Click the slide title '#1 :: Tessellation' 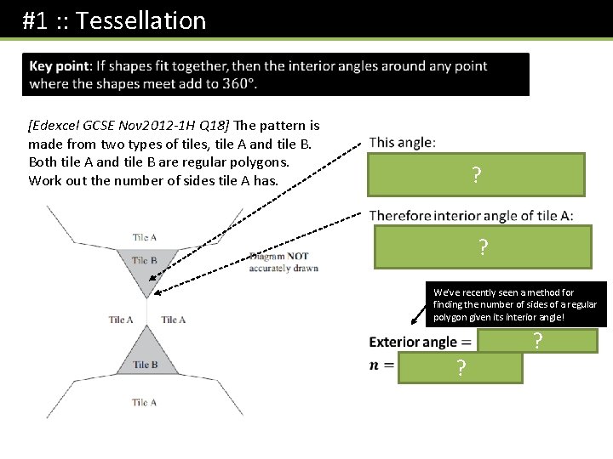pos(114,20)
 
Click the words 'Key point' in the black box pos(62,66)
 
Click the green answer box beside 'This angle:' pos(477,175)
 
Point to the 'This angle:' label pos(403,143)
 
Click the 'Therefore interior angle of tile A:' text pos(471,216)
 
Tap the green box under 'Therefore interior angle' pos(482,247)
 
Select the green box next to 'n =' pos(460,368)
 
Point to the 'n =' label pos(383,365)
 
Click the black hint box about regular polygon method pos(515,304)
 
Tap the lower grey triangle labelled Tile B pos(146,357)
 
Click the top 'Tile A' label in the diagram pos(145,237)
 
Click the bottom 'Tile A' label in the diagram pos(145,402)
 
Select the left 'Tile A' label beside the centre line pos(121,320)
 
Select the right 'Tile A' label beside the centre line pos(174,320)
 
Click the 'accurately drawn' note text pos(284,268)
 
